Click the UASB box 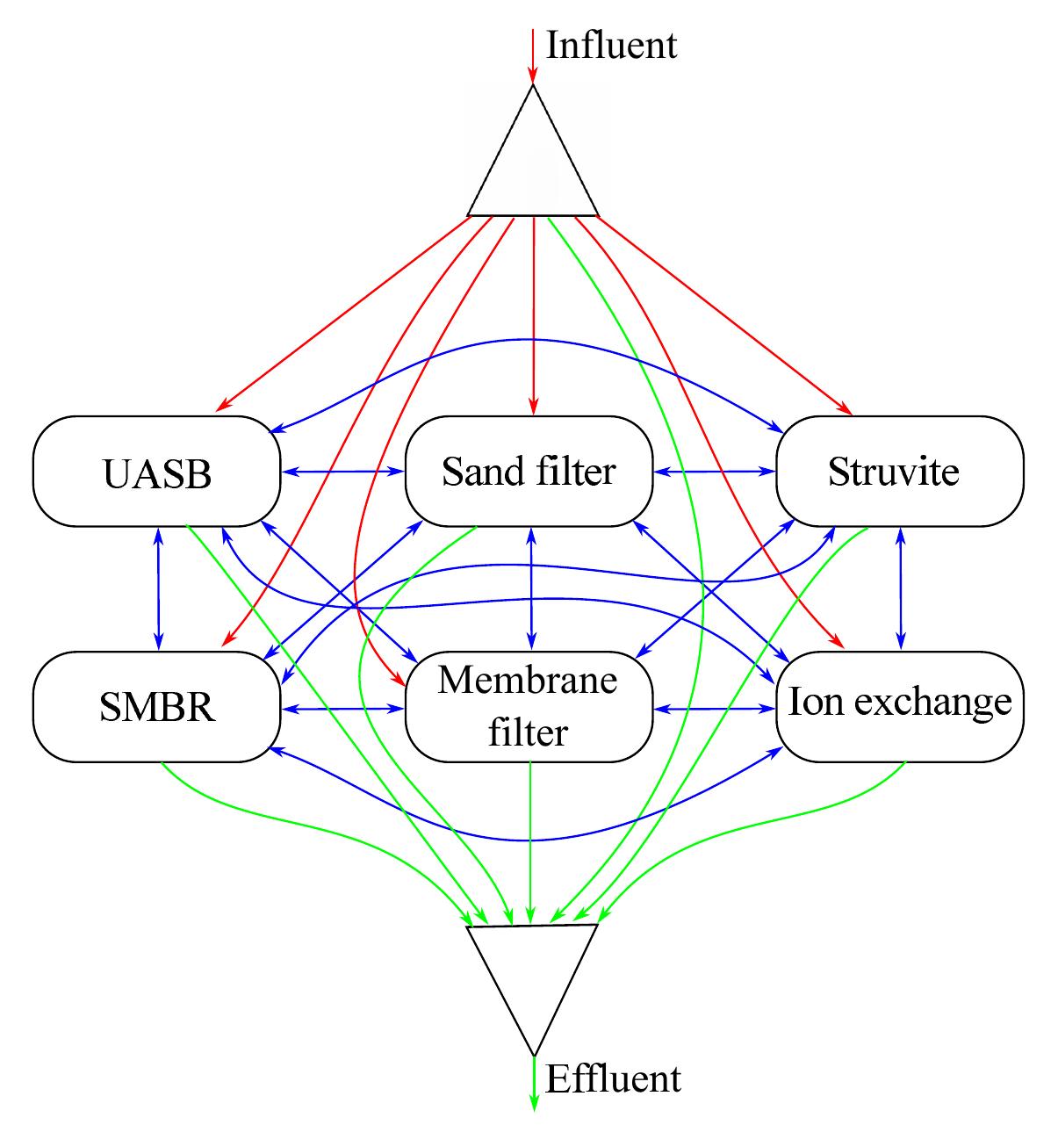pyautogui.click(x=156, y=472)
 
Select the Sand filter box pyautogui.click(x=529, y=472)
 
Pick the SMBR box pyautogui.click(x=156, y=707)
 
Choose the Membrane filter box pyautogui.click(x=529, y=707)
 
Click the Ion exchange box pyautogui.click(x=900, y=707)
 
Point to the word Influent pyautogui.click(x=611, y=45)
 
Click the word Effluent pyautogui.click(x=613, y=1078)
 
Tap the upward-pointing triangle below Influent pyautogui.click(x=533, y=167)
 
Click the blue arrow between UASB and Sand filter pyautogui.click(x=342, y=472)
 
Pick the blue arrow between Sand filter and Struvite pyautogui.click(x=715, y=472)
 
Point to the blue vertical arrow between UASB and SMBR pyautogui.click(x=158, y=588)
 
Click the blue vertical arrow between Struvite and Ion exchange pyautogui.click(x=900, y=588)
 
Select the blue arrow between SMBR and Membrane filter pyautogui.click(x=342, y=708)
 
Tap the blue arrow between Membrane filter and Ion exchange pyautogui.click(x=715, y=708)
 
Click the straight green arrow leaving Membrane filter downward pyautogui.click(x=530, y=834)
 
